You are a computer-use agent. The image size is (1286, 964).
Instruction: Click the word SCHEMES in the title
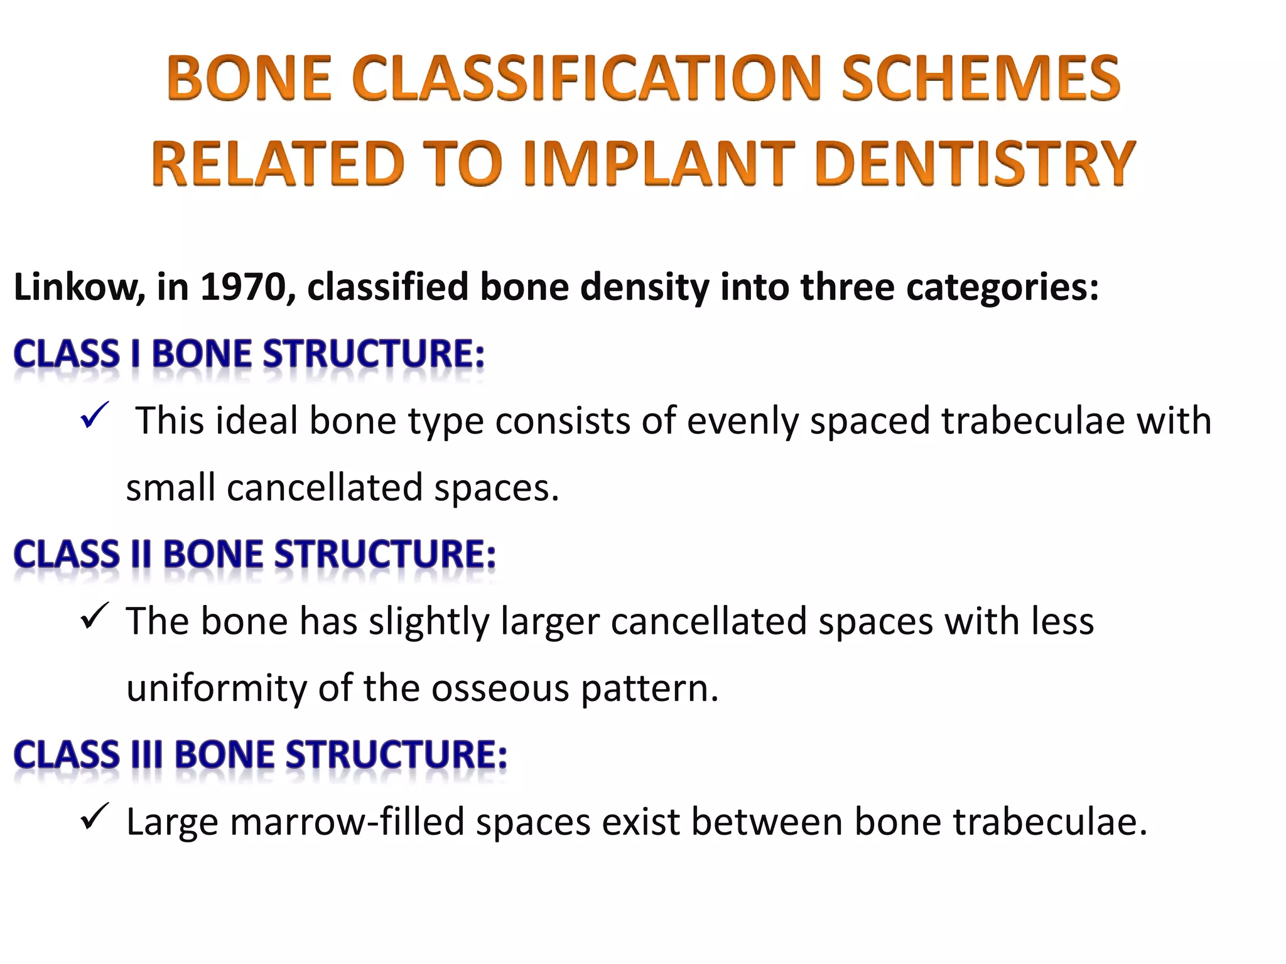pos(980,79)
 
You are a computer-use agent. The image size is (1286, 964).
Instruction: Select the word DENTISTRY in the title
pos(975,164)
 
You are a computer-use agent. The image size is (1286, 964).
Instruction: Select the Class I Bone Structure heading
pos(249,354)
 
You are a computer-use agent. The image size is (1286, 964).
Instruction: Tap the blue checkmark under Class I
pos(95,415)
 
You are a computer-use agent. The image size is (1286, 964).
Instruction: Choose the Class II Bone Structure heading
pos(254,555)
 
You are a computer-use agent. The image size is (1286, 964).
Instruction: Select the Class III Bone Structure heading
pos(260,755)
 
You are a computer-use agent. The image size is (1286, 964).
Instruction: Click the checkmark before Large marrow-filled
pos(95,817)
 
